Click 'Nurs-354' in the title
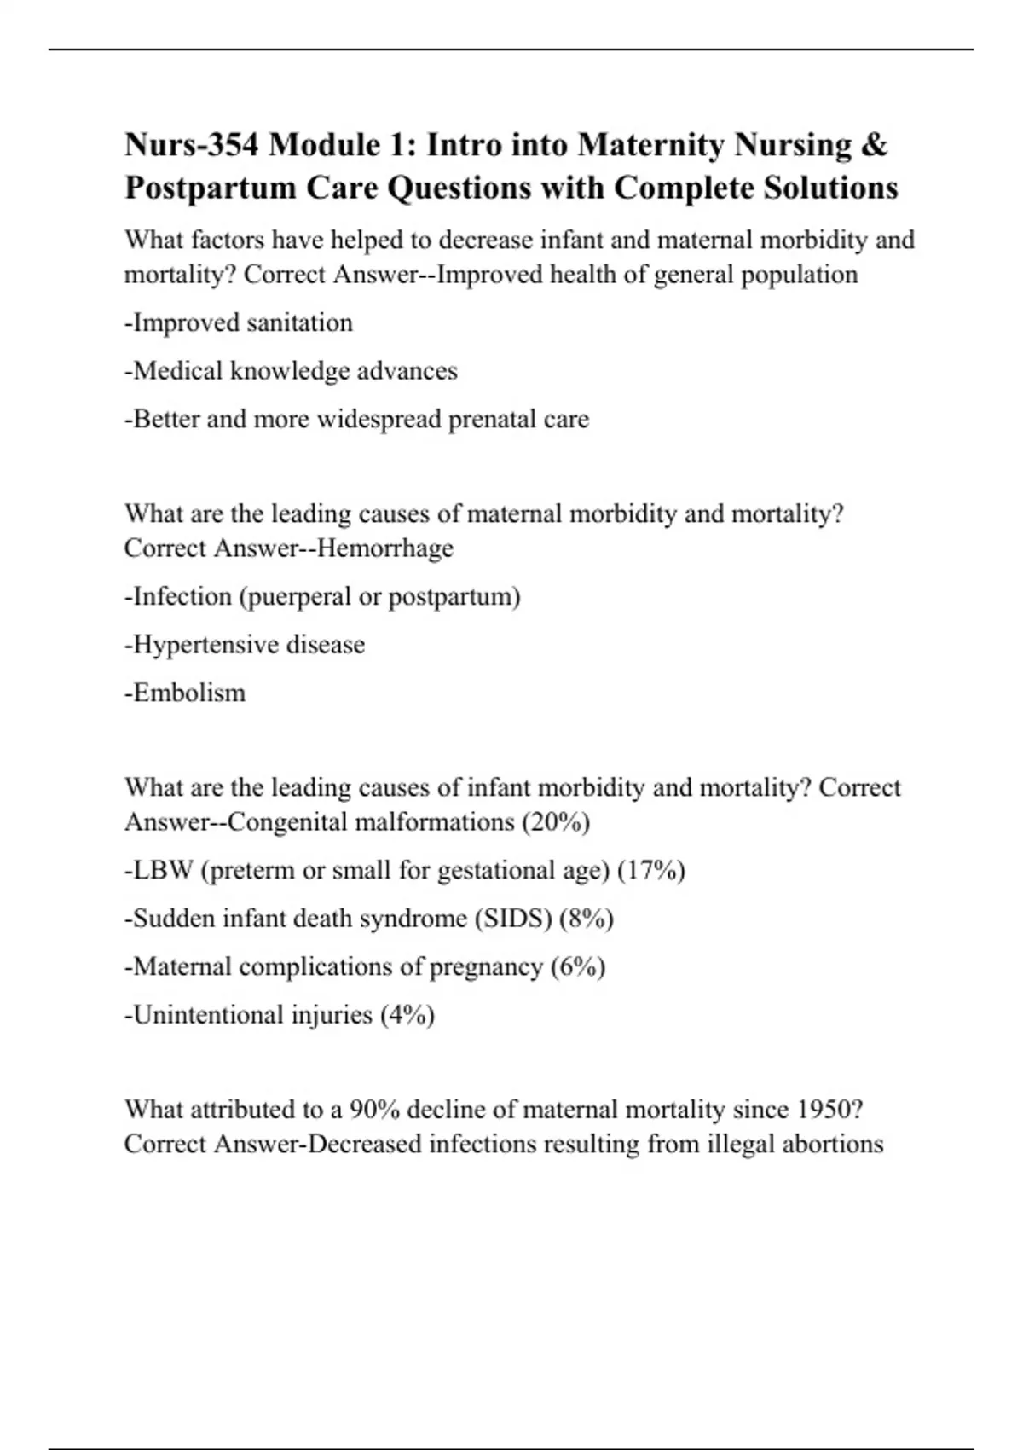coord(192,145)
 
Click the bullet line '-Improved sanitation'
coord(238,323)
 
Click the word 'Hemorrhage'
coord(384,548)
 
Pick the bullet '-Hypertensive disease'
coord(245,644)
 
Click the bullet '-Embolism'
coord(185,693)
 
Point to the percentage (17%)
coord(651,870)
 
